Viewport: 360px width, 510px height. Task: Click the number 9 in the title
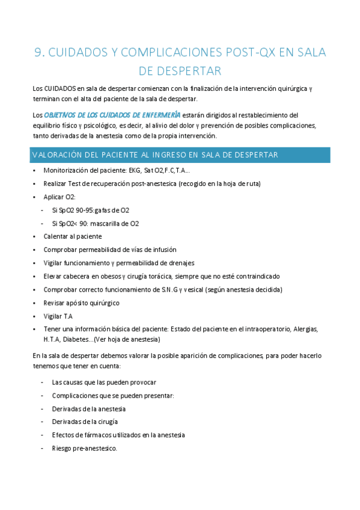click(x=39, y=52)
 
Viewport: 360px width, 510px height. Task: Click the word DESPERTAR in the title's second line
click(x=180, y=72)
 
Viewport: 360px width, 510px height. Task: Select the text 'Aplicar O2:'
click(x=59, y=197)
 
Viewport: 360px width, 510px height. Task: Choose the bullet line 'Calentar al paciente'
click(x=73, y=236)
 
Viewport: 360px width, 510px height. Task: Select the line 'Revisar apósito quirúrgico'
click(x=82, y=303)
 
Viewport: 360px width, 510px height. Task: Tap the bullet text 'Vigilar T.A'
click(x=58, y=316)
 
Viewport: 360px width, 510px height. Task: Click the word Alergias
click(x=305, y=329)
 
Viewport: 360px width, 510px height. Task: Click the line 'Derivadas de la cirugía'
click(x=85, y=422)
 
